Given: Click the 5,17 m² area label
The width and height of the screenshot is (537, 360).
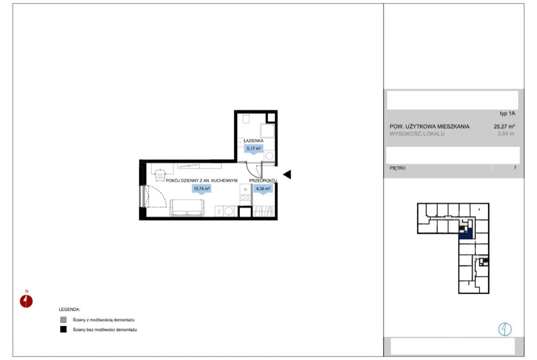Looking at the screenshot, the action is pos(253,149).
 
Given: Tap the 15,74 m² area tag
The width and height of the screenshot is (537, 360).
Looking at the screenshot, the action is pos(201,188).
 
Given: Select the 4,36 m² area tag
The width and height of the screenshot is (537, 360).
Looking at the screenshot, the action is pos(263,188).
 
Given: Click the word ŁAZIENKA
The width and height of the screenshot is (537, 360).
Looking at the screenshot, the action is pos(253,141).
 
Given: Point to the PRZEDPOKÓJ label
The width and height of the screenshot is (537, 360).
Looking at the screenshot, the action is pos(263,180).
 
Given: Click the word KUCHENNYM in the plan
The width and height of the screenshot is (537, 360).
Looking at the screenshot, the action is pos(224,180).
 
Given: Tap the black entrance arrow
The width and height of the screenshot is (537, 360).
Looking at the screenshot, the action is pos(287,175).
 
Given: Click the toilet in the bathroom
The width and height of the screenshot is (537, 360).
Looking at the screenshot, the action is pos(246,118).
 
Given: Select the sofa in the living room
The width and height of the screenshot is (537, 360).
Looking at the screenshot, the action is pos(187,208).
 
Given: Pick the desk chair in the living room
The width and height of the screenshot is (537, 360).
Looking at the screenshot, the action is pos(160,175).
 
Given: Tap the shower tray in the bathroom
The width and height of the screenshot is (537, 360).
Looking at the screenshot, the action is pos(268,131).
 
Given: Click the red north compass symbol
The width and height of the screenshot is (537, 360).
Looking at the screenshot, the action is pos(26,301).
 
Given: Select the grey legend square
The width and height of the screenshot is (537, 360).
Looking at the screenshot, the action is pos(63,320).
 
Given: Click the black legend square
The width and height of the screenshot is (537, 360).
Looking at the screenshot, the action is pos(63,330).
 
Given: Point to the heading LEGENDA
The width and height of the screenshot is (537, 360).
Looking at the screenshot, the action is pos(69,310).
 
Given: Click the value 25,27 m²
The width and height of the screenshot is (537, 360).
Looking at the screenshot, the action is pos(504,126).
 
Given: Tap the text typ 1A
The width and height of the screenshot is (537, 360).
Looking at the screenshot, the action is pos(507,113).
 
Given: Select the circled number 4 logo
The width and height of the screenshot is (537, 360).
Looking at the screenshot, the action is pos(505,329).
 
